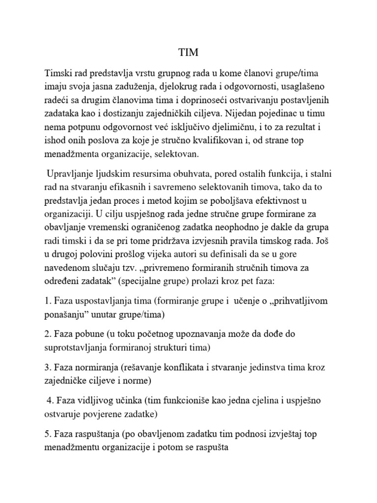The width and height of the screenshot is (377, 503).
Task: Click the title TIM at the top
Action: (x=188, y=53)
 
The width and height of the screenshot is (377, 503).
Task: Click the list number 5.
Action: (x=47, y=435)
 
